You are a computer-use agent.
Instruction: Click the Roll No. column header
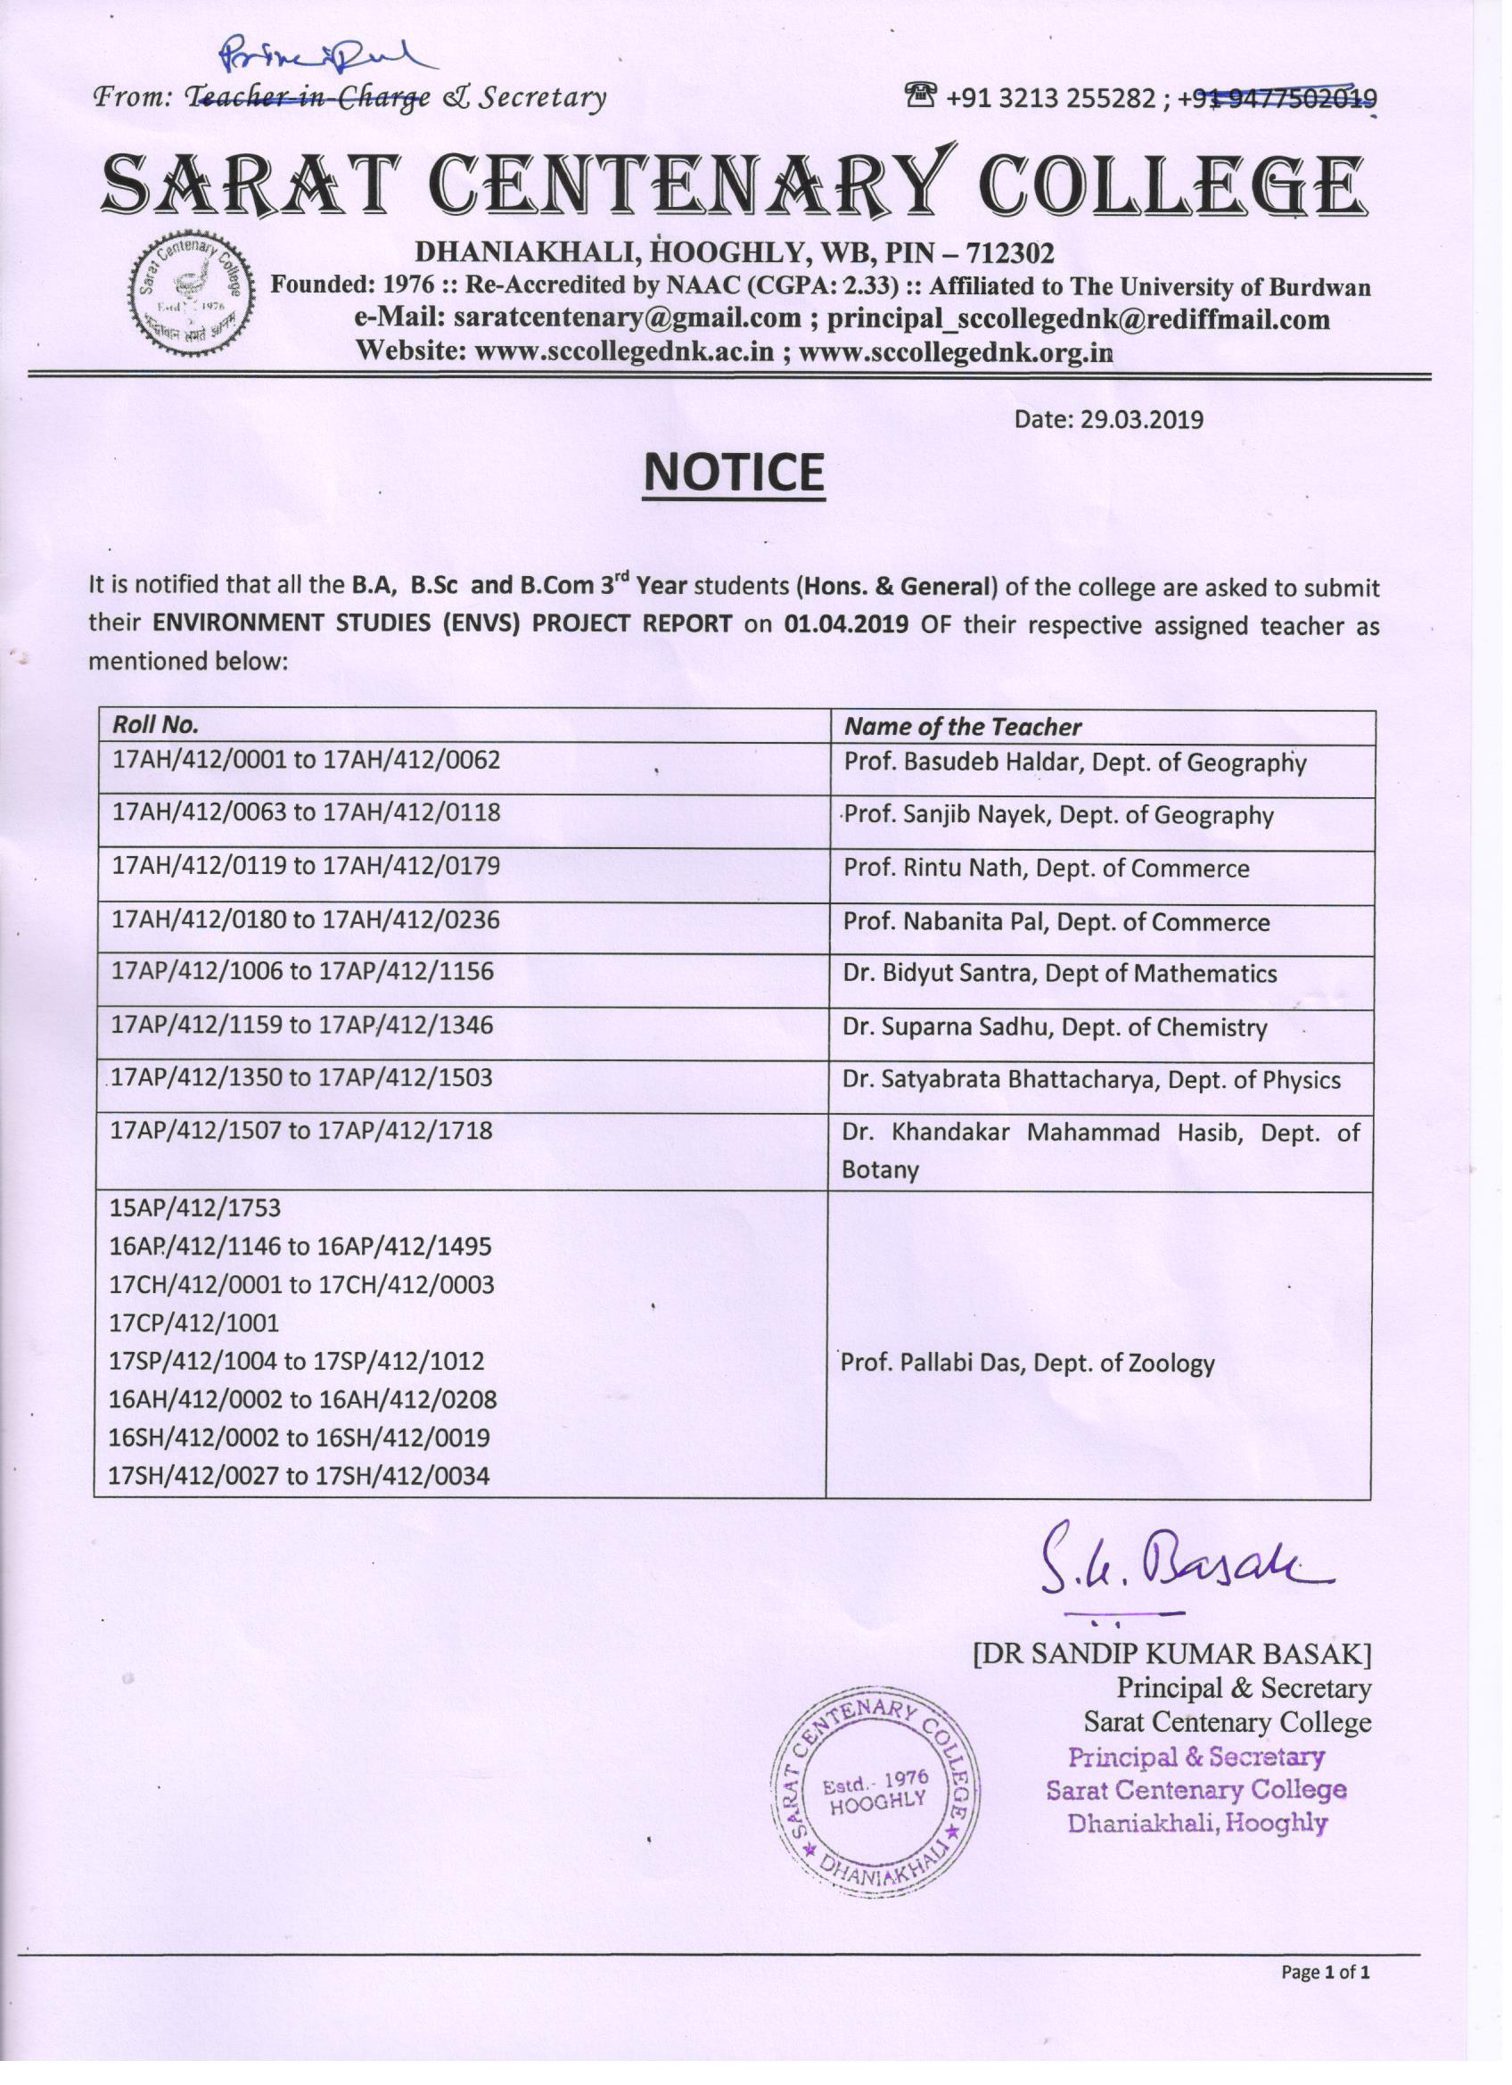tap(155, 725)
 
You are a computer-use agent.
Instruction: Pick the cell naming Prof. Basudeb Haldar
tap(1074, 763)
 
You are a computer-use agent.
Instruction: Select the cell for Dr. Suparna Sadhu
tap(1055, 1028)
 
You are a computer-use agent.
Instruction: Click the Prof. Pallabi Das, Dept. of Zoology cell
tap(1028, 1364)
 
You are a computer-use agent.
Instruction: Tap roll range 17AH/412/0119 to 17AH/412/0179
tap(305, 866)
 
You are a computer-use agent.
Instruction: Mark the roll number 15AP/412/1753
tap(195, 1208)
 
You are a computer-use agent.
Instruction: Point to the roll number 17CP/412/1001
tap(194, 1323)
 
